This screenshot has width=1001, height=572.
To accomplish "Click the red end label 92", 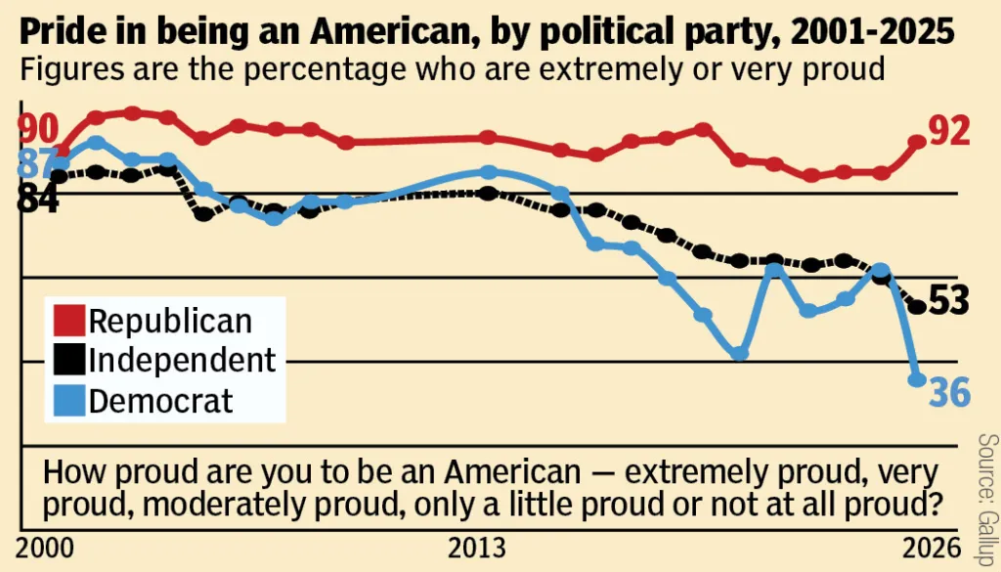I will tap(948, 131).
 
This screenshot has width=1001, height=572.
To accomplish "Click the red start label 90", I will tap(38, 128).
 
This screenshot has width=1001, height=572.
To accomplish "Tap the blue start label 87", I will tap(36, 163).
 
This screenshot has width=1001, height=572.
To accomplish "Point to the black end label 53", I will tap(948, 301).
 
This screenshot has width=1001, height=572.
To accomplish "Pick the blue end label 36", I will tap(948, 392).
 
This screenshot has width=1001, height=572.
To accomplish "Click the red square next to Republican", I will tap(68, 321).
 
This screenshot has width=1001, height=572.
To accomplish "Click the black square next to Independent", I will tap(68, 360).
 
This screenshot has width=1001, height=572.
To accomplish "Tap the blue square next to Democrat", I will tap(68, 400).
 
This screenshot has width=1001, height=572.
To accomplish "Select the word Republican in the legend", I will tap(170, 321).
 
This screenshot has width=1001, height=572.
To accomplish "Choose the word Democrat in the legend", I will tap(161, 400).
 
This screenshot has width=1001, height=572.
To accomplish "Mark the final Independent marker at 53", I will tap(917, 307).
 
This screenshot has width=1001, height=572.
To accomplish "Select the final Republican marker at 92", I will tap(917, 142).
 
